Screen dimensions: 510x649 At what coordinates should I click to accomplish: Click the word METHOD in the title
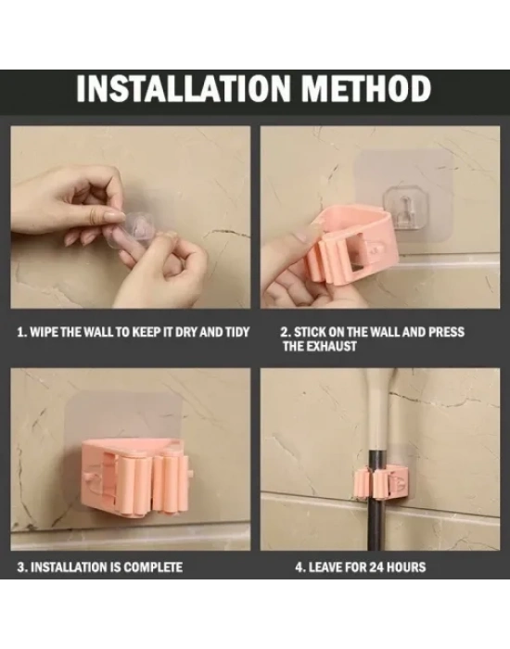click(x=366, y=88)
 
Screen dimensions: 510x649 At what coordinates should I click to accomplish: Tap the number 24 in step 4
click(x=376, y=567)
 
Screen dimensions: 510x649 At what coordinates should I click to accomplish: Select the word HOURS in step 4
click(x=406, y=567)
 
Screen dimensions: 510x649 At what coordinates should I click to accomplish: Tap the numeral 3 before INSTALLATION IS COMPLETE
click(x=20, y=567)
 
